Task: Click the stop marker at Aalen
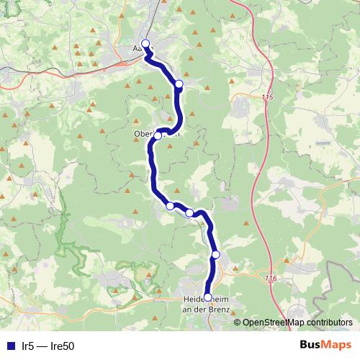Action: tap(145, 43)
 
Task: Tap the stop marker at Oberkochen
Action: tap(158, 135)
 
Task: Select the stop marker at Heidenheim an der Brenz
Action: tap(208, 297)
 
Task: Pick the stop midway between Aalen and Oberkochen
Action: tap(179, 84)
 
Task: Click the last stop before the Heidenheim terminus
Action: tap(215, 255)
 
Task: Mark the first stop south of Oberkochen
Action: tap(170, 206)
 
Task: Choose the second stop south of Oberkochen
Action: tap(189, 213)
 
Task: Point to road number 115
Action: tap(269, 97)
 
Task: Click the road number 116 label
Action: tap(271, 279)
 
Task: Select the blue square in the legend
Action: tap(9, 346)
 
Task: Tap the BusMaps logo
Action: tap(325, 345)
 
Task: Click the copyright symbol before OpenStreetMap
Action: tap(238, 323)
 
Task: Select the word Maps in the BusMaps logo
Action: tap(337, 345)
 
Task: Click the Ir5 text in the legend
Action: tap(28, 346)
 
